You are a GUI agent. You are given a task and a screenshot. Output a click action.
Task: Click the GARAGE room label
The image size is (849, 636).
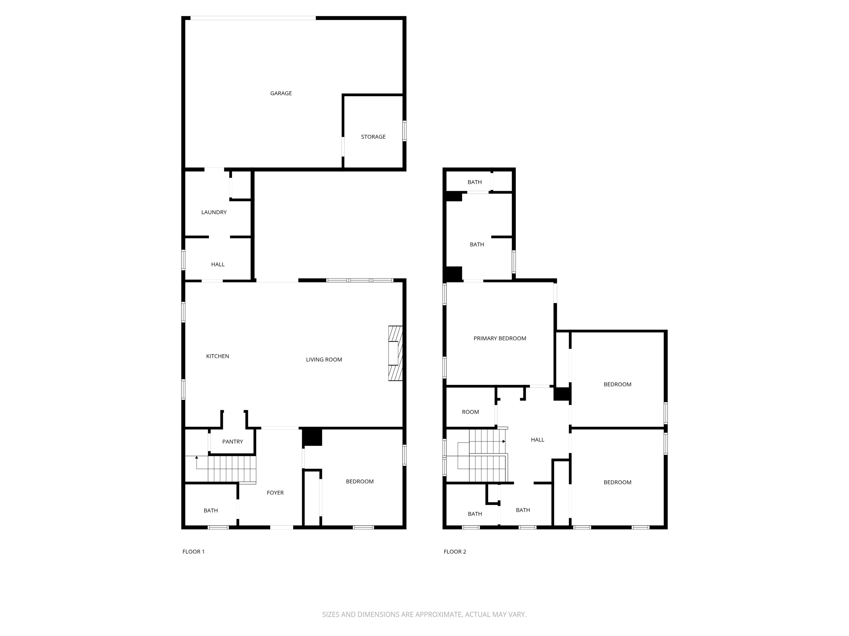coord(281,93)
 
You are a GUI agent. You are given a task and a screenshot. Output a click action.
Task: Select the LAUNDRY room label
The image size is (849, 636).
coord(214,212)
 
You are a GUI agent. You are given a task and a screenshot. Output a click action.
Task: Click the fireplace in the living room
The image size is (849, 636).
coord(395,353)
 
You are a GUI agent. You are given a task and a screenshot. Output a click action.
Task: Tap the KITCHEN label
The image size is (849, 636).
coord(218,356)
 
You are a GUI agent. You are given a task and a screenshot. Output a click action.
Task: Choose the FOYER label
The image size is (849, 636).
coord(275,493)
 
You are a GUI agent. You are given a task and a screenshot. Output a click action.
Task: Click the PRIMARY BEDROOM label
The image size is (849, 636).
coord(500,338)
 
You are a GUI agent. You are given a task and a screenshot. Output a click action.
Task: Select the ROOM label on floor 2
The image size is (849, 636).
coord(470,412)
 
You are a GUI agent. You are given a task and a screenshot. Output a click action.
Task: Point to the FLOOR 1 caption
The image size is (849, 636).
coord(193,552)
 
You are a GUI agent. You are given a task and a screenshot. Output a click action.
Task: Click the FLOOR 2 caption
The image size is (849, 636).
coord(455,552)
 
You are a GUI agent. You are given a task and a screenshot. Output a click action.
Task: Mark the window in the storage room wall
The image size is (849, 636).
coord(404,131)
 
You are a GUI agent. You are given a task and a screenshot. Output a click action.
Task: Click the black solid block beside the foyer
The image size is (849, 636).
coord(312,437)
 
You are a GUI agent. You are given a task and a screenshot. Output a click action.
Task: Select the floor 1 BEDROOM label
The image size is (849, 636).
coord(360,481)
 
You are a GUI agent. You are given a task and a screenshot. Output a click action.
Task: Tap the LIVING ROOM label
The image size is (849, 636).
coord(324,360)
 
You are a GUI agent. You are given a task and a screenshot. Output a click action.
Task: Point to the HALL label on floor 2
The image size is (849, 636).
coord(537,440)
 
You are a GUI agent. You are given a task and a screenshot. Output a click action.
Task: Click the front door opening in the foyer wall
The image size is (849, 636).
coord(282,527)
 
